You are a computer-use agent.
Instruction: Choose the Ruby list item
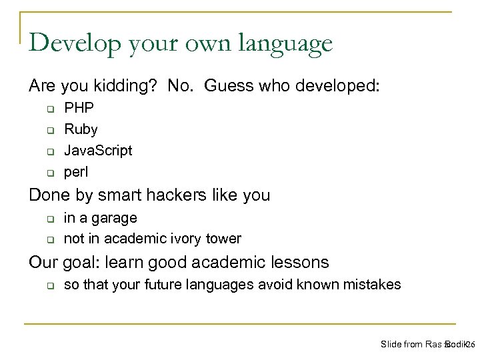(x=80, y=129)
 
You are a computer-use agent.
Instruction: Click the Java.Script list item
(x=97, y=150)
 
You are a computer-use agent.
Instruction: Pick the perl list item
(x=75, y=172)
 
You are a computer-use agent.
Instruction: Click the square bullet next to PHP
(x=50, y=108)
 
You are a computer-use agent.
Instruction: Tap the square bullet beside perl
(x=50, y=173)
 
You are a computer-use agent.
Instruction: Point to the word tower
(x=224, y=238)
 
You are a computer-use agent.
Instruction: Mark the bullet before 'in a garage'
(x=50, y=218)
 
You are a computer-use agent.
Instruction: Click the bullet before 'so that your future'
(x=50, y=285)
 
